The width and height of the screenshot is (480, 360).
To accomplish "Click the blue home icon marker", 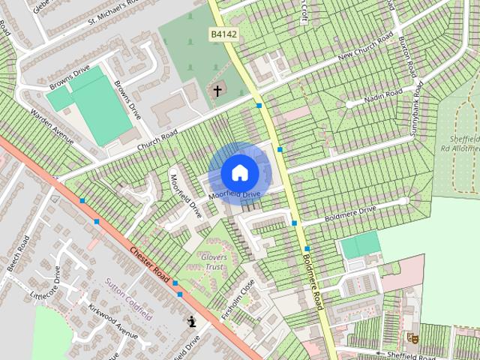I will tap(239, 172).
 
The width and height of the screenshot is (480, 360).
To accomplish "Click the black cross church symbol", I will tap(217, 91).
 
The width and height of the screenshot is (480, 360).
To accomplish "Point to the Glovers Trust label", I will tap(214, 262).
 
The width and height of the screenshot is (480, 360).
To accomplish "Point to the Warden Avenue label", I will tap(52, 127).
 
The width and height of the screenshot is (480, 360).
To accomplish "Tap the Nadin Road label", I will tap(383, 97).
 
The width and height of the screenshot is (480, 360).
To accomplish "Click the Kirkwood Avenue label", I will tap(113, 322).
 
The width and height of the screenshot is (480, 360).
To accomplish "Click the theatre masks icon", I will tap(411, 337).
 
